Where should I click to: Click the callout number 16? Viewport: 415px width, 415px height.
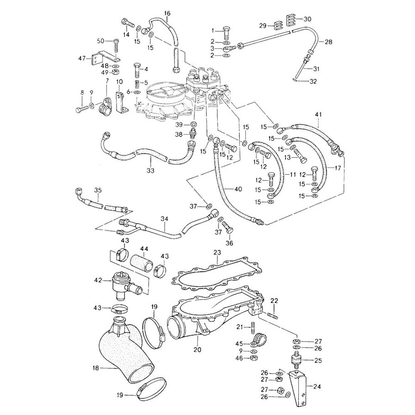[167, 13]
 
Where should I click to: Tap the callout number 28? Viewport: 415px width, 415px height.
[329, 42]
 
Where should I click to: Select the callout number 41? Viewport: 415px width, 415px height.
[318, 114]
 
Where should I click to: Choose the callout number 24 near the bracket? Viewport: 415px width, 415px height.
[317, 387]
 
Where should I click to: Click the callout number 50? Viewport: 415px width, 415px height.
[101, 41]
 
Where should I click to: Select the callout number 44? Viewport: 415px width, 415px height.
[144, 249]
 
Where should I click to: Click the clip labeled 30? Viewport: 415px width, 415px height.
[291, 20]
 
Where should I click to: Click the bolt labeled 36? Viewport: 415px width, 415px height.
[228, 227]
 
